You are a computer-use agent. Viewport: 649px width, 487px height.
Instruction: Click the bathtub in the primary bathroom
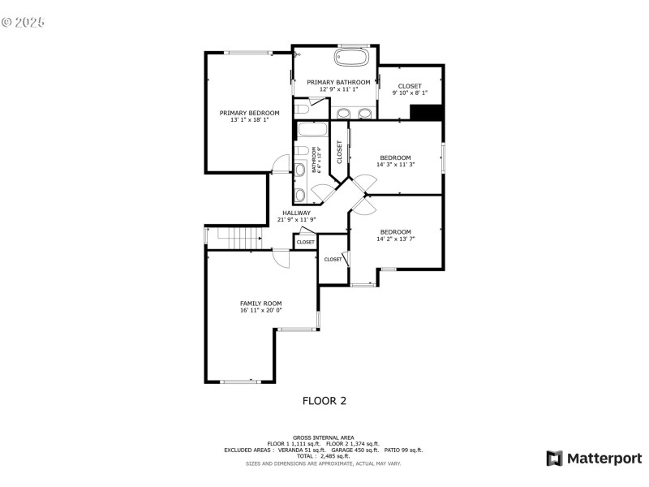tap(350, 58)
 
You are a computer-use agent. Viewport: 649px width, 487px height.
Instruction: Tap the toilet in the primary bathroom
tap(300, 108)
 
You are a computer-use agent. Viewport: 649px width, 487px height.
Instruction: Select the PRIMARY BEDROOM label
tap(249, 113)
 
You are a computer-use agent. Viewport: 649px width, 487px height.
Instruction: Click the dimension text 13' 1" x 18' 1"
tap(249, 120)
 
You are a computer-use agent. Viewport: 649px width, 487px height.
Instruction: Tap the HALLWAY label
tap(296, 213)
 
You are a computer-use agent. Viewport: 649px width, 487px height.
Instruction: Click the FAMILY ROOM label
tap(260, 303)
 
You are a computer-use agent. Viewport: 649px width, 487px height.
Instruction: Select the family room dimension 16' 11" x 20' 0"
tap(260, 310)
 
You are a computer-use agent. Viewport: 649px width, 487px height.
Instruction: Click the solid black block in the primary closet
tap(425, 113)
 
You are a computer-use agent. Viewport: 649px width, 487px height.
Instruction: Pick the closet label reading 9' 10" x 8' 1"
tap(410, 93)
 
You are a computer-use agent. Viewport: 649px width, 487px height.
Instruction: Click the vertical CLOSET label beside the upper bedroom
tap(339, 152)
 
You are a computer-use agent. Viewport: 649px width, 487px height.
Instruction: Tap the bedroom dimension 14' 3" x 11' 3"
tap(395, 165)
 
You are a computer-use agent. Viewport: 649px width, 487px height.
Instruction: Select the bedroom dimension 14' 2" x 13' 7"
tap(395, 239)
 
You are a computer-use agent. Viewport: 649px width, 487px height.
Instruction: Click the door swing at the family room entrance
tap(281, 258)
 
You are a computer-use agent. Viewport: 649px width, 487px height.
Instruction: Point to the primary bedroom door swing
tap(280, 164)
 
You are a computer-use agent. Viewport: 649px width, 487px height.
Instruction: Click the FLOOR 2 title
tap(324, 400)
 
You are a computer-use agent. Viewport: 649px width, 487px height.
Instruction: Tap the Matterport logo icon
tap(555, 459)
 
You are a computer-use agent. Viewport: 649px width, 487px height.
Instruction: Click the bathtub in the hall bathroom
tap(312, 131)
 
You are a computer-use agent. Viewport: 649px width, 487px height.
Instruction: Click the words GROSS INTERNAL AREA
tap(324, 437)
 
